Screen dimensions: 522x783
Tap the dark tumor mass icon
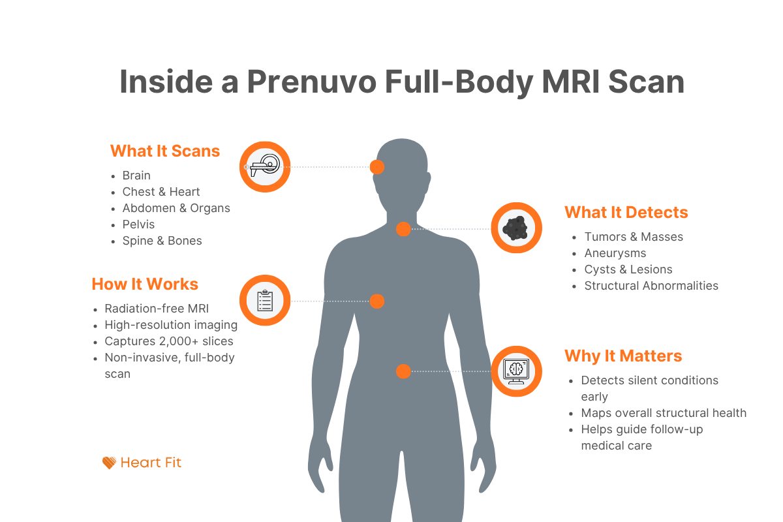(x=516, y=228)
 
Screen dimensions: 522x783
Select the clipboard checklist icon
(x=264, y=301)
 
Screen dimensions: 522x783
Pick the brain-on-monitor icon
(x=516, y=371)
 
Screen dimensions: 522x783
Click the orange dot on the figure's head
(x=377, y=167)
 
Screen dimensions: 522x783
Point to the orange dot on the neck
(x=403, y=229)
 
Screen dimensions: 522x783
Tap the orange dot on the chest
(x=377, y=301)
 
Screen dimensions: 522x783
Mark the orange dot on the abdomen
(x=403, y=371)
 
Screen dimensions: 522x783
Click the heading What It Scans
(x=165, y=151)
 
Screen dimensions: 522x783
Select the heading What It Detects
(x=626, y=213)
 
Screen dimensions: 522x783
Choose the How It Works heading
(x=145, y=284)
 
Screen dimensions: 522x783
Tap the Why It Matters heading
(x=622, y=356)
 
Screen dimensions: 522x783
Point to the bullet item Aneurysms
(x=615, y=253)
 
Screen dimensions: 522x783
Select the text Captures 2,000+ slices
(x=168, y=341)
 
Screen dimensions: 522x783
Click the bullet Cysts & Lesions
(x=628, y=269)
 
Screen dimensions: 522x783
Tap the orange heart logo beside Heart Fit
(x=109, y=463)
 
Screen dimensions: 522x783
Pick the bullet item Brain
(x=136, y=176)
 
